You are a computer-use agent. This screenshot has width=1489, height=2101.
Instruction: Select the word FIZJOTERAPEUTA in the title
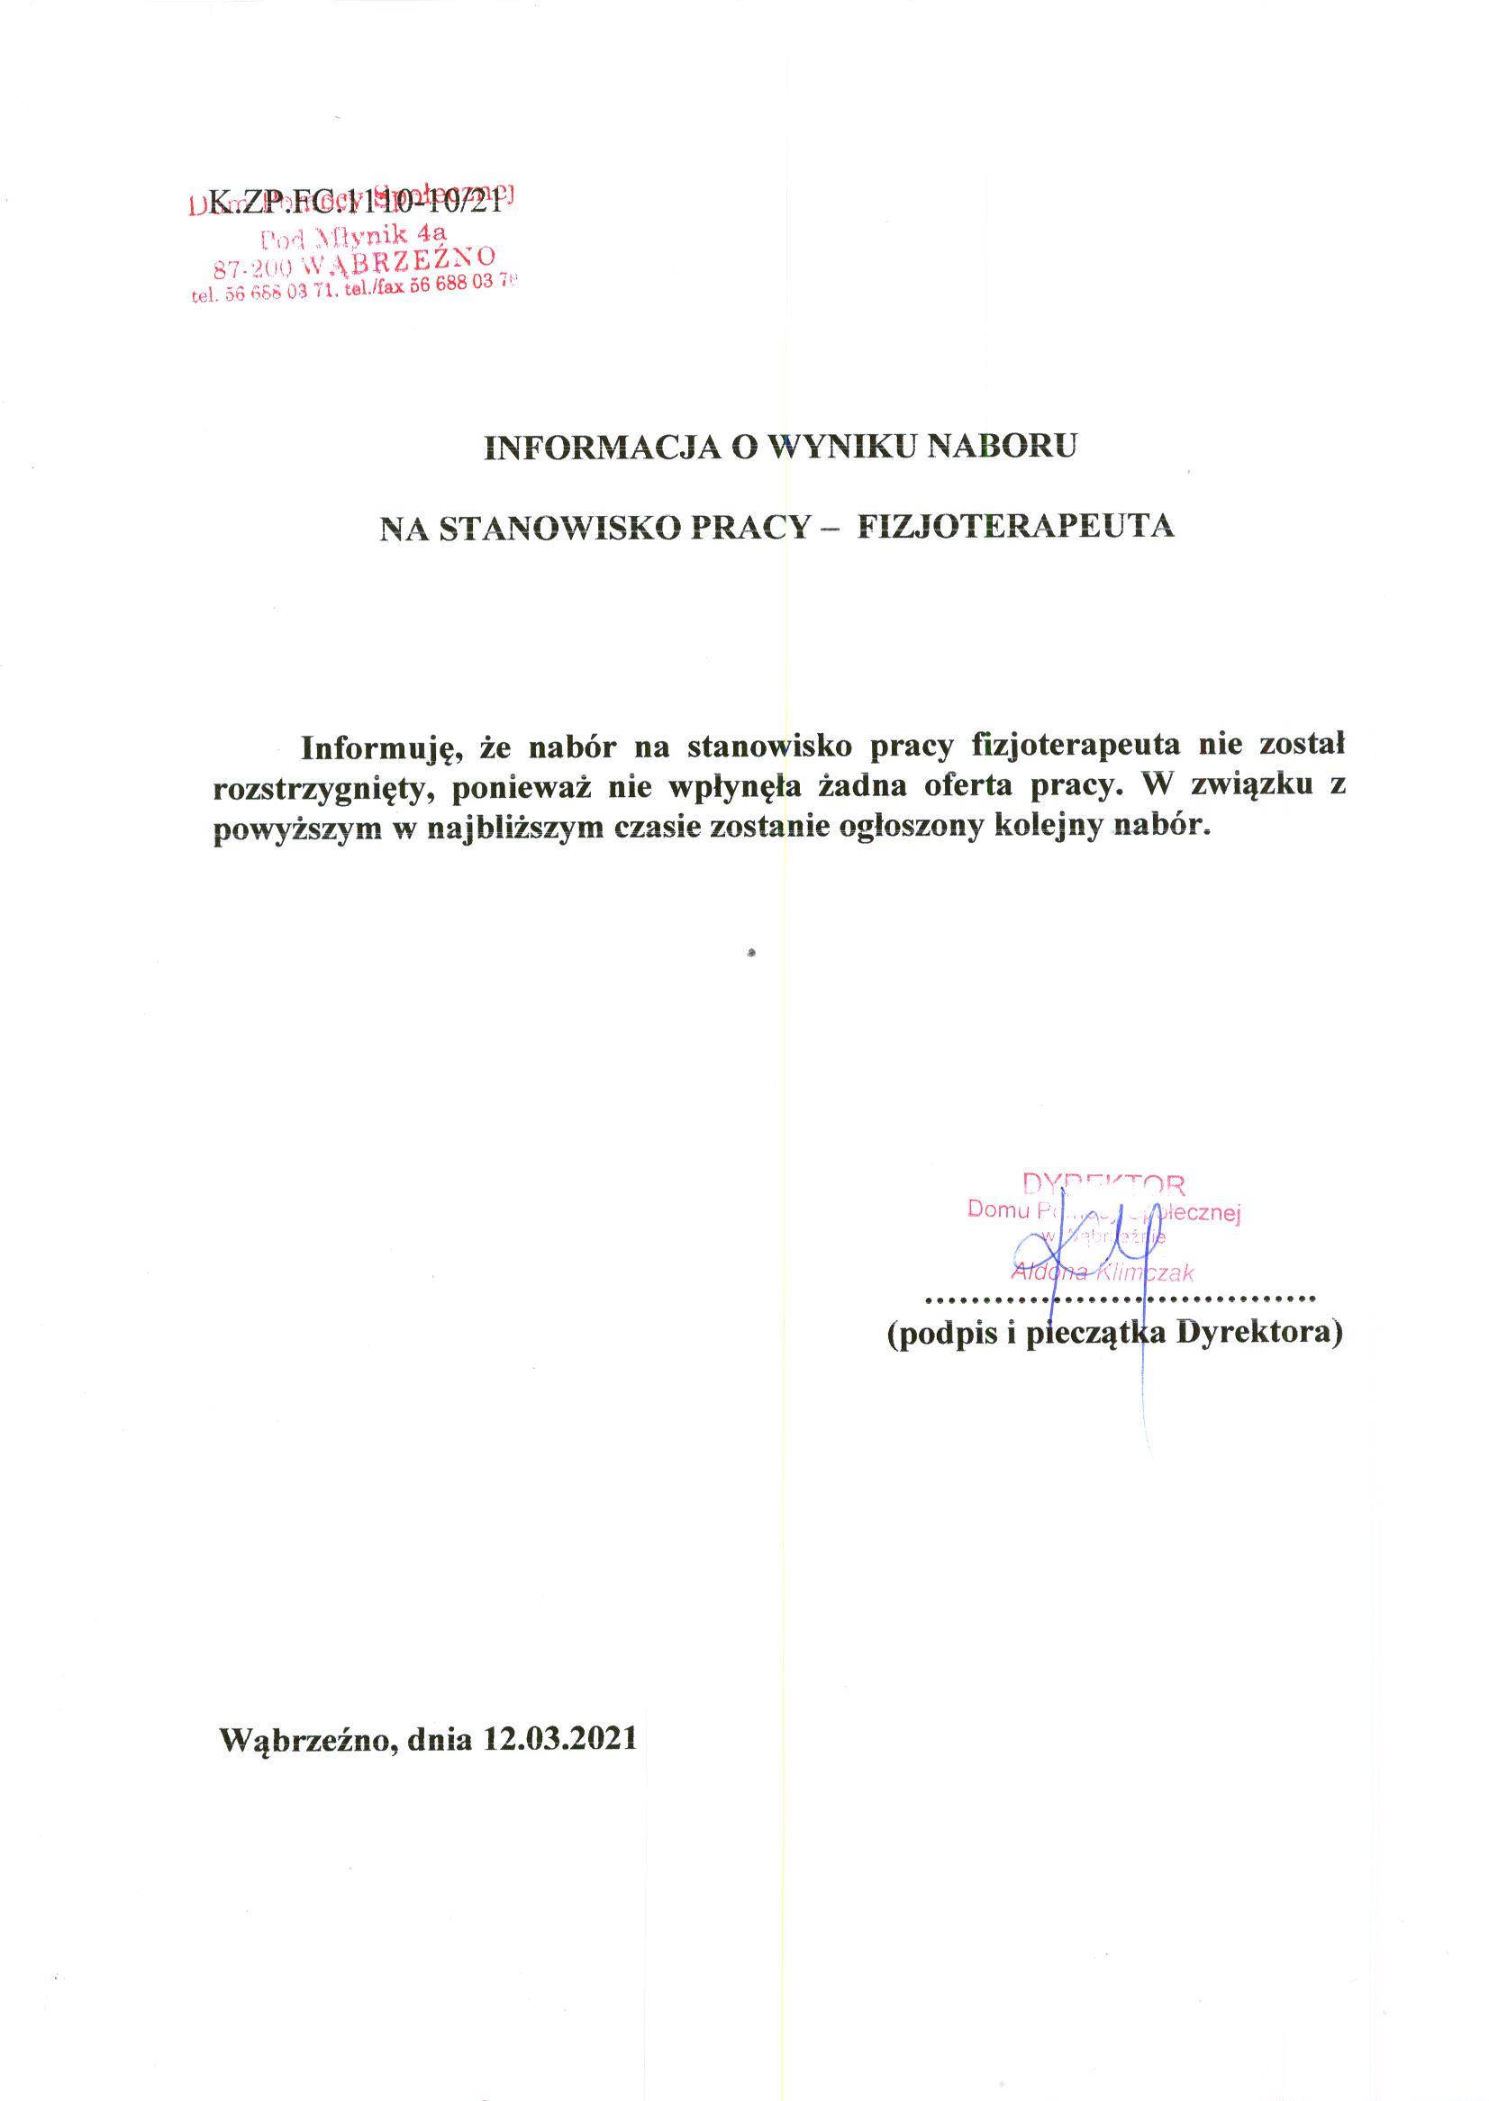point(1015,526)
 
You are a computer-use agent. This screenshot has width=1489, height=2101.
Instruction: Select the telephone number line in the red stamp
point(354,289)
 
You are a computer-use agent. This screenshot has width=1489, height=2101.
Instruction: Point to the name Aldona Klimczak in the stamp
point(1101,1272)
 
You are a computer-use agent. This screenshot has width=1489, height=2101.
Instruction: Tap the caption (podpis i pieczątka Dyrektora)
point(1114,1334)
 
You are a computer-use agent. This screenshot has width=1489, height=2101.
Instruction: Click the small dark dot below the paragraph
point(751,954)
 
